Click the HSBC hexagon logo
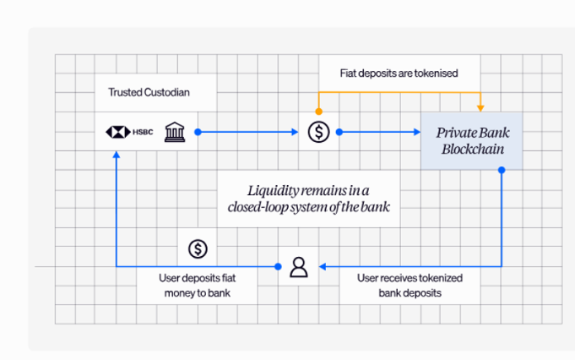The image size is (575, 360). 117,132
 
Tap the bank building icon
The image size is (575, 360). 175,132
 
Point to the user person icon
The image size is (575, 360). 299,267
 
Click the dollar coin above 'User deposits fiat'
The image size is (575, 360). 198,248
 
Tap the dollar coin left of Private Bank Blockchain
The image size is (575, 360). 318,132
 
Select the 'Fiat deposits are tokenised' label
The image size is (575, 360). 399,73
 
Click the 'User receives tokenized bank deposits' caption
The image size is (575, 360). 410,285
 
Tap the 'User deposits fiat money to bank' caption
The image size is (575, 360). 194,285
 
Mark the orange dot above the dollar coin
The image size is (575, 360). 318,111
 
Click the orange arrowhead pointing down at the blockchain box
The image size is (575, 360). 480,107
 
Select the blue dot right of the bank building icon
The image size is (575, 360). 198,132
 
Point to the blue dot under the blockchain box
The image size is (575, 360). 502,170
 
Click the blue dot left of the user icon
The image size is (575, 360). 279,267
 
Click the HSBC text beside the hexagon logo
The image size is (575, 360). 143,132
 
